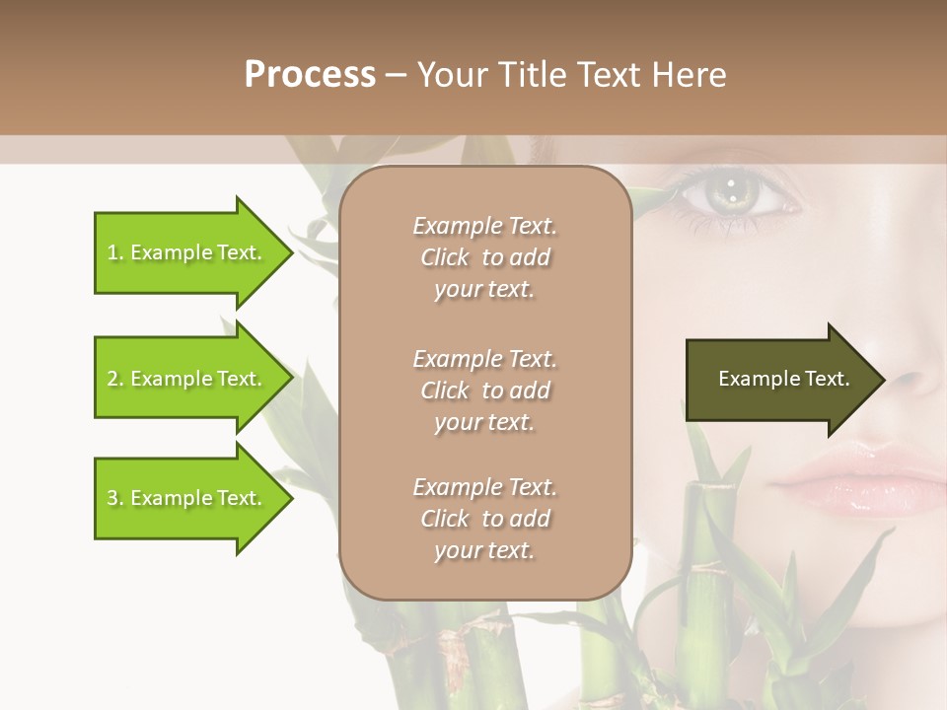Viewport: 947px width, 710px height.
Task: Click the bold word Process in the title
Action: [310, 75]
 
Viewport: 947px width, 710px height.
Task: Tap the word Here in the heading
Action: [688, 75]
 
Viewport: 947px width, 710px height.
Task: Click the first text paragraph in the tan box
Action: [484, 257]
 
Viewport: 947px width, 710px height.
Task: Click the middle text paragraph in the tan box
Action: [484, 390]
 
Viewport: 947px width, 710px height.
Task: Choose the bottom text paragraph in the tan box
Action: [484, 519]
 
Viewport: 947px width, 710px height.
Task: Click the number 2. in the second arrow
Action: [115, 379]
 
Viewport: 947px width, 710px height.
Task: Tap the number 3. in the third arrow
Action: [115, 498]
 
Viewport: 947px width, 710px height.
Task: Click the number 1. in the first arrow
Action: [114, 252]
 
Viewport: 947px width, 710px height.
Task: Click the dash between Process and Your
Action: [396, 76]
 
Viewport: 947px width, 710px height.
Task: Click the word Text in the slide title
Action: [612, 75]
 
